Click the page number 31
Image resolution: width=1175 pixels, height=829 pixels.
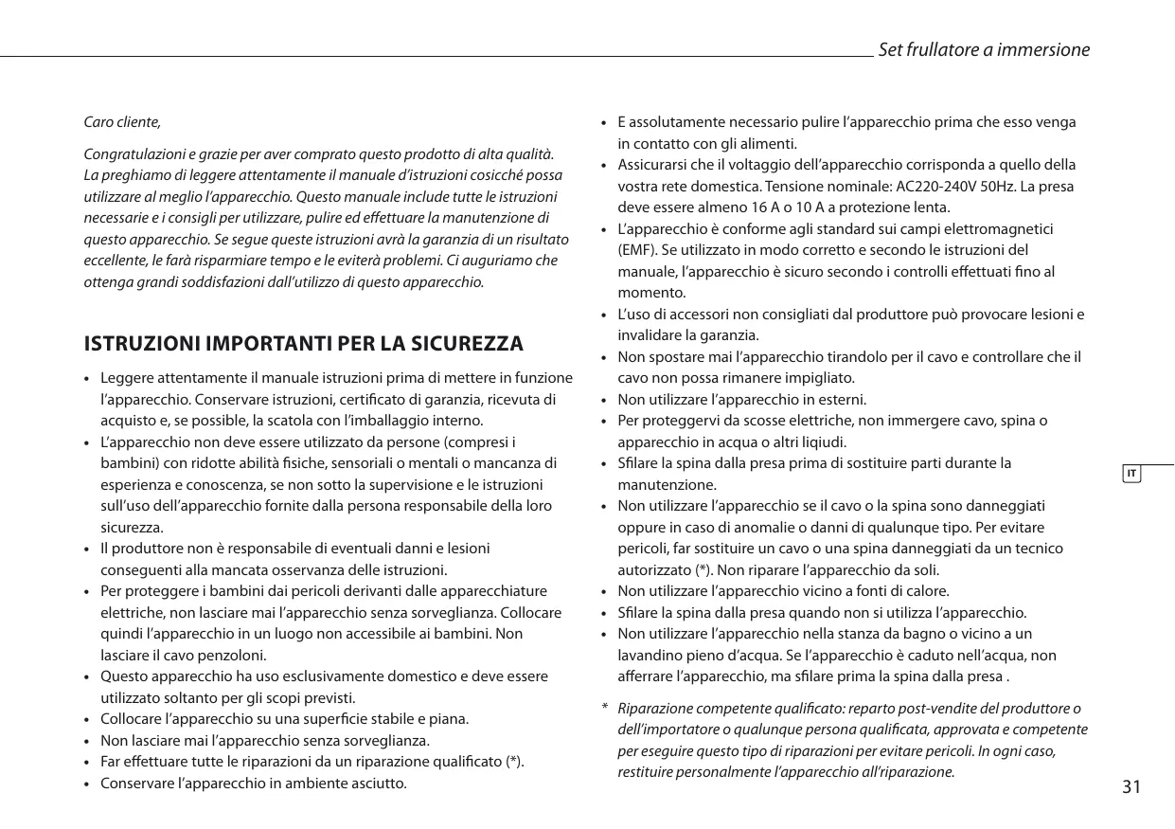click(x=1130, y=787)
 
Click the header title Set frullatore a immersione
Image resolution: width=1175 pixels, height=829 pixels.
click(x=984, y=50)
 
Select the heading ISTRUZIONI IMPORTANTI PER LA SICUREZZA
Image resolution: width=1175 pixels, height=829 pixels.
click(x=303, y=343)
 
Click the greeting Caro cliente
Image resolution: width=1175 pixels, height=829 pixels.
click(x=122, y=122)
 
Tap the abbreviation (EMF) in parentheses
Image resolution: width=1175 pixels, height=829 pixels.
click(x=637, y=250)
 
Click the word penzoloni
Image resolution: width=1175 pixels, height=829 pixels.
click(x=236, y=655)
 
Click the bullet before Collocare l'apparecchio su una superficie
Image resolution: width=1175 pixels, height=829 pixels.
click(x=87, y=719)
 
